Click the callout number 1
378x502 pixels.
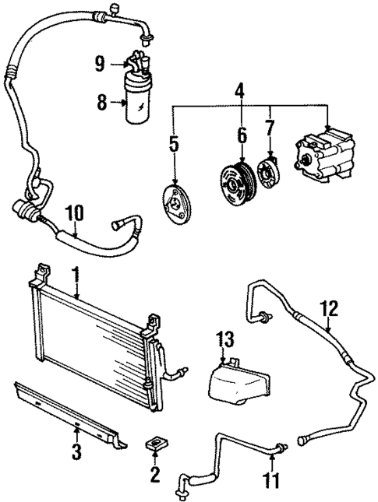tap(76, 274)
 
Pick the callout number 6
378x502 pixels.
tap(242, 135)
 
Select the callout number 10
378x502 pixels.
tap(75, 211)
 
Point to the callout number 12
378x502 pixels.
tap(330, 310)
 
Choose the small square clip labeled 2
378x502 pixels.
tap(154, 446)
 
